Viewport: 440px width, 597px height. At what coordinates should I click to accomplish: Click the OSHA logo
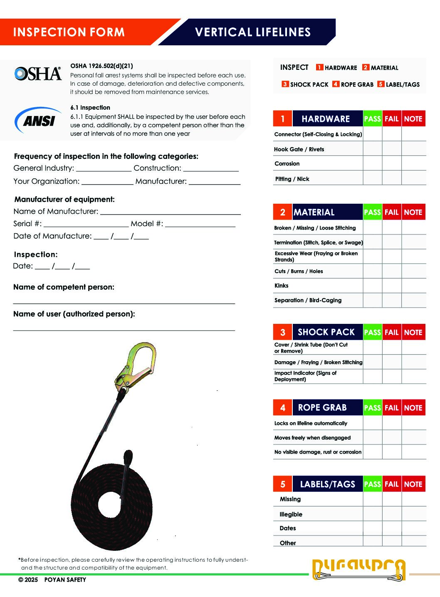pyautogui.click(x=38, y=74)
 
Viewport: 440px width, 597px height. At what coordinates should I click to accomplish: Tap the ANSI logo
pyautogui.click(x=39, y=121)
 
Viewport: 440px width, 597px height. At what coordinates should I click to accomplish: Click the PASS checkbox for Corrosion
pyautogui.click(x=373, y=163)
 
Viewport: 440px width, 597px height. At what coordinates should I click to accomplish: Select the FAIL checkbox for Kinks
pyautogui.click(x=392, y=286)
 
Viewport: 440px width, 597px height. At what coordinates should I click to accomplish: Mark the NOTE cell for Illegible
pyautogui.click(x=414, y=514)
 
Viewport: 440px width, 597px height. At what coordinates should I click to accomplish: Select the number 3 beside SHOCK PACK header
pyautogui.click(x=283, y=332)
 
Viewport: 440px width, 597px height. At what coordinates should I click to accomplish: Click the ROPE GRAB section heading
pyautogui.click(x=322, y=408)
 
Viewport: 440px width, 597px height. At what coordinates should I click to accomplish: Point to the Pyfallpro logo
pyautogui.click(x=358, y=569)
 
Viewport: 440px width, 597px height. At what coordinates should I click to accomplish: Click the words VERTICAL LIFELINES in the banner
pyautogui.click(x=253, y=32)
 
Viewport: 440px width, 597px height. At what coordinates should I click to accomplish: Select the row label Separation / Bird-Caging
pyautogui.click(x=308, y=300)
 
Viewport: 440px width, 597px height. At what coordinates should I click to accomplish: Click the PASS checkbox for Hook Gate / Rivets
pyautogui.click(x=373, y=149)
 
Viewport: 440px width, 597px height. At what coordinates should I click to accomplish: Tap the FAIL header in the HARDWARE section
pyautogui.click(x=392, y=119)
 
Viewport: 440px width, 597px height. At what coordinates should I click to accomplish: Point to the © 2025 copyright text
pyautogui.click(x=28, y=580)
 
